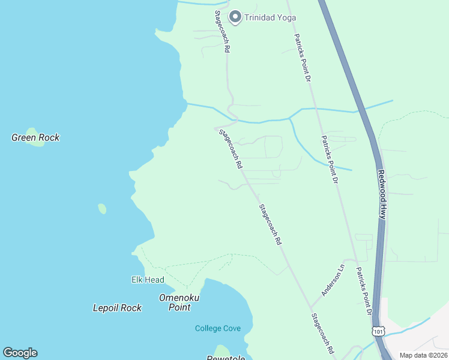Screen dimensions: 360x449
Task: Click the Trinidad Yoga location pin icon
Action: [x=235, y=17]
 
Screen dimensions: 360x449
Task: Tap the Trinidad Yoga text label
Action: [x=270, y=17]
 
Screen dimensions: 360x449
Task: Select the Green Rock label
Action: [x=35, y=137]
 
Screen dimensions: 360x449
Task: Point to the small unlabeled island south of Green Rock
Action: [x=102, y=209]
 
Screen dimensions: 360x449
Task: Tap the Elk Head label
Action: [x=148, y=280]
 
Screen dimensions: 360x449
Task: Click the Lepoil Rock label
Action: [x=117, y=308]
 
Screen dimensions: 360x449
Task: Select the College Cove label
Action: [x=218, y=328]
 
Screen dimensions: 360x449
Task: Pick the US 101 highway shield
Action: [x=378, y=331]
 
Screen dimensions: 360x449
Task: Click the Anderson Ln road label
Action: [x=333, y=280]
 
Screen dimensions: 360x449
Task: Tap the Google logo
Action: [x=20, y=353]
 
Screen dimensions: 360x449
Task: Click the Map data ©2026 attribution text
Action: [x=423, y=355]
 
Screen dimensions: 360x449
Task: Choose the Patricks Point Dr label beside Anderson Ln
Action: [x=364, y=292]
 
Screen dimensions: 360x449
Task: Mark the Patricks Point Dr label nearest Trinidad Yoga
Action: [x=302, y=57]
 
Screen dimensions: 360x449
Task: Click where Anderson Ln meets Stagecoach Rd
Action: [x=311, y=305]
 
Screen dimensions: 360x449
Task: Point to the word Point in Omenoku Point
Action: [x=179, y=307]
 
